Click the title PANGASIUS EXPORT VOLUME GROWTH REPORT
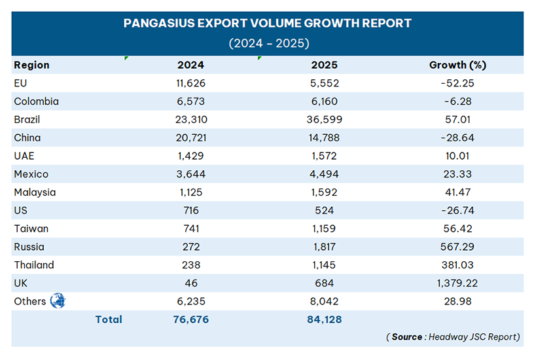(x=268, y=24)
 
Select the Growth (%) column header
(x=457, y=65)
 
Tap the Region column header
(x=31, y=65)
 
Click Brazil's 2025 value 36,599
(x=324, y=120)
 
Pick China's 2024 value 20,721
(x=190, y=138)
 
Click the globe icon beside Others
(x=58, y=301)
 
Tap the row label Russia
(x=28, y=247)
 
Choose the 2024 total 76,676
(x=190, y=319)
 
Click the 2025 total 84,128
(x=324, y=319)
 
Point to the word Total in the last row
(x=109, y=319)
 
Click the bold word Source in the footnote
(x=407, y=336)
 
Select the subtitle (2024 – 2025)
(x=268, y=44)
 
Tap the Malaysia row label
(x=34, y=192)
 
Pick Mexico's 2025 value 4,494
(x=324, y=174)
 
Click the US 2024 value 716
(x=190, y=211)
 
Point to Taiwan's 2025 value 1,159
(x=324, y=229)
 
